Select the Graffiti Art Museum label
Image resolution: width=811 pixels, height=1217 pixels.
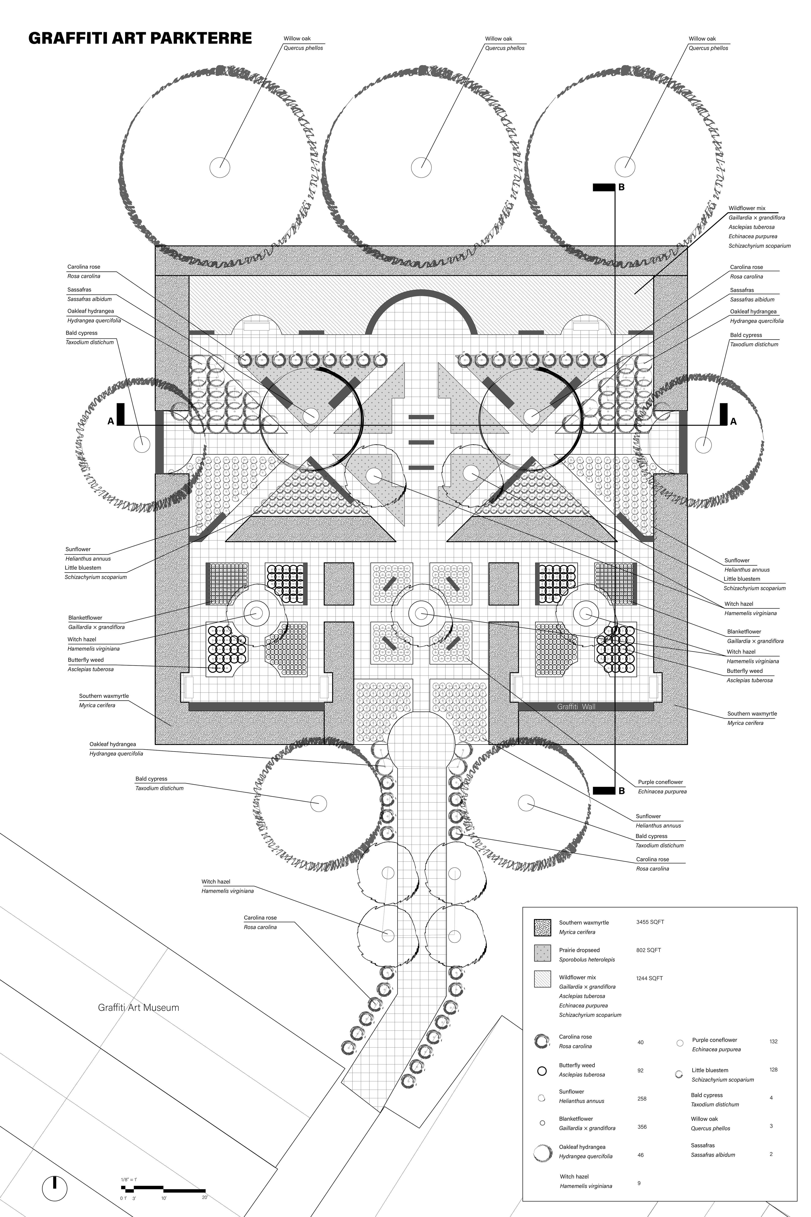[x=139, y=1007]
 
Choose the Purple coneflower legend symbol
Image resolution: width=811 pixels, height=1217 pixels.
[x=680, y=1043]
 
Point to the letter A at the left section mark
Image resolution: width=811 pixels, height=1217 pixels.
[x=110, y=421]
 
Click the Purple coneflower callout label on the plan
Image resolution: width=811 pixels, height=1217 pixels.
[x=660, y=782]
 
